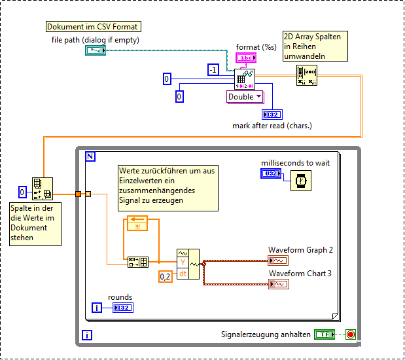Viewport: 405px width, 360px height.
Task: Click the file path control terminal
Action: pyautogui.click(x=96, y=50)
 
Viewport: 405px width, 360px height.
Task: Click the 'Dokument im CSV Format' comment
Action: pyautogui.click(x=93, y=27)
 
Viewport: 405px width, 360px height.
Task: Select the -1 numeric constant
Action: pyautogui.click(x=213, y=70)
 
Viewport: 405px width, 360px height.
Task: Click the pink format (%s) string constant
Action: pyautogui.click(x=247, y=58)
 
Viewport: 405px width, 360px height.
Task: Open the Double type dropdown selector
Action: pyautogui.click(x=245, y=96)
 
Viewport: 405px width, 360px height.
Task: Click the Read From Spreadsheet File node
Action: pyautogui.click(x=245, y=79)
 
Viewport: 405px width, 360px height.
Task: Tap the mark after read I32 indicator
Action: pyautogui.click(x=272, y=115)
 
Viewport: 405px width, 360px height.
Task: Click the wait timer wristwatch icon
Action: pyautogui.click(x=300, y=181)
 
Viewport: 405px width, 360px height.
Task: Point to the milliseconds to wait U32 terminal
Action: pyautogui.click(x=270, y=174)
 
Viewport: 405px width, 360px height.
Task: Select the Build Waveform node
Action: pyautogui.click(x=187, y=263)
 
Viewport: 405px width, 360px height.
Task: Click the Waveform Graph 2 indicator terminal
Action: pyautogui.click(x=278, y=261)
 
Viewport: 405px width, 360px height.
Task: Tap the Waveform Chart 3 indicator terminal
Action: pyautogui.click(x=278, y=284)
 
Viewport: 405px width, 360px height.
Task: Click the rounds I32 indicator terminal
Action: pyautogui.click(x=122, y=308)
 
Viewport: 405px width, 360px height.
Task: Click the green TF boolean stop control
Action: pyautogui.click(x=323, y=334)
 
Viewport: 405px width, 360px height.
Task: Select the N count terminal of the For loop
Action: pyautogui.click(x=90, y=156)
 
